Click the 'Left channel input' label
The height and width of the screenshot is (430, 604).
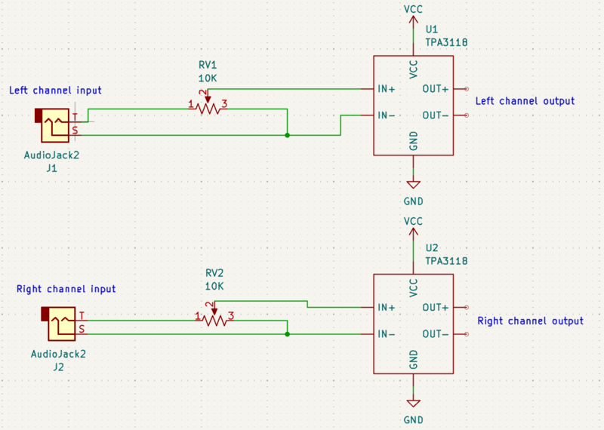pyautogui.click(x=55, y=91)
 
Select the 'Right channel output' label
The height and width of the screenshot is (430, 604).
pyautogui.click(x=530, y=321)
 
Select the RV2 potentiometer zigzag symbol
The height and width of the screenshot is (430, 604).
pyautogui.click(x=214, y=320)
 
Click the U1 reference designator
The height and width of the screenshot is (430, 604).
pyautogui.click(x=432, y=29)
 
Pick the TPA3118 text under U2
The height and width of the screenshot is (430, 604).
pyautogui.click(x=446, y=261)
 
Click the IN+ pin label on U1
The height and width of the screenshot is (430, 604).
pyautogui.click(x=387, y=88)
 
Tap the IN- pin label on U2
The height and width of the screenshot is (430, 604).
pyautogui.click(x=387, y=334)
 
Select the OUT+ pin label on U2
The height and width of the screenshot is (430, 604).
pyautogui.click(x=436, y=308)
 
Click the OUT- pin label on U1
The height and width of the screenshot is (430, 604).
pyautogui.click(x=436, y=115)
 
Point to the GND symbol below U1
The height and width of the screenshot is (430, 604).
pyautogui.click(x=414, y=185)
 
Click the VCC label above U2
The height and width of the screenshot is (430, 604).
pyautogui.click(x=414, y=221)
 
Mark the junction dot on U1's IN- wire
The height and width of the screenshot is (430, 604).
pyautogui.click(x=288, y=136)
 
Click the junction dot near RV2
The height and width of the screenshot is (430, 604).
pyautogui.click(x=288, y=333)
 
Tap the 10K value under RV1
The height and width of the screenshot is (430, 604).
pyautogui.click(x=208, y=78)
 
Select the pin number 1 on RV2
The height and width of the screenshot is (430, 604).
pyautogui.click(x=198, y=315)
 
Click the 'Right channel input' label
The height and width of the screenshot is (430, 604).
pyautogui.click(x=66, y=289)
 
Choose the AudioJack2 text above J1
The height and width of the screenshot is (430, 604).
pyautogui.click(x=52, y=155)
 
